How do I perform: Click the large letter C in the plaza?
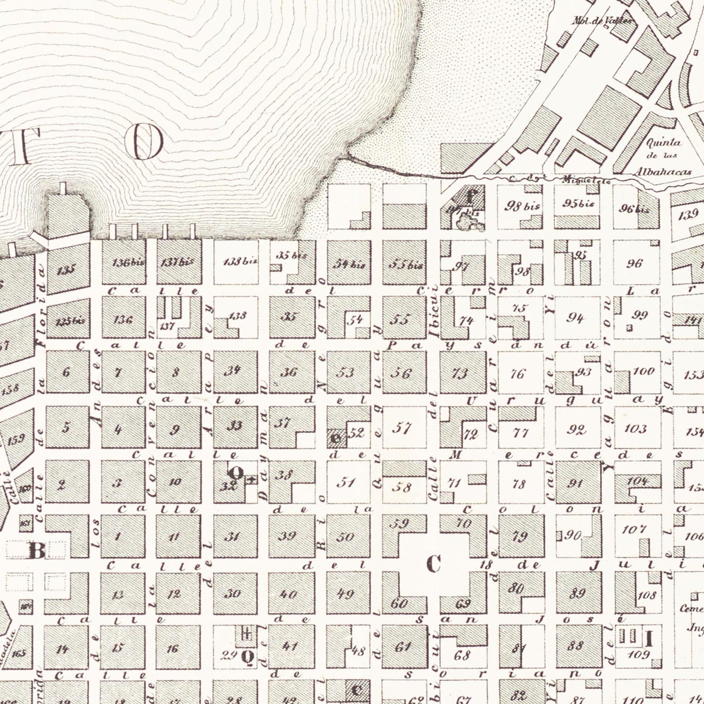click(x=433, y=564)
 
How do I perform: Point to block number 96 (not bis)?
click(x=634, y=264)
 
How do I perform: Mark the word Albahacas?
click(x=669, y=172)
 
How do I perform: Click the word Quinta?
click(x=662, y=143)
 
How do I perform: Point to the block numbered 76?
click(x=517, y=374)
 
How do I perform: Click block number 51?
click(x=346, y=483)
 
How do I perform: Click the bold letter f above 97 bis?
click(x=470, y=197)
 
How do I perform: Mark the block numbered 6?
click(x=66, y=372)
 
